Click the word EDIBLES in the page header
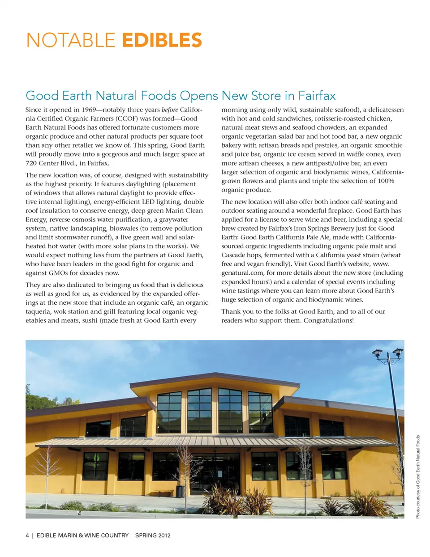[162, 40]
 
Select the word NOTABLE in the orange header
[71, 40]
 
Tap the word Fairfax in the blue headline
[317, 96]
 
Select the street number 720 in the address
[31, 163]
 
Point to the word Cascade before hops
[234, 255]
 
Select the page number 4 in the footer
[27, 535]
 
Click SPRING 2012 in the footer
[153, 535]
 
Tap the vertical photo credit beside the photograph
[418, 477]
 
